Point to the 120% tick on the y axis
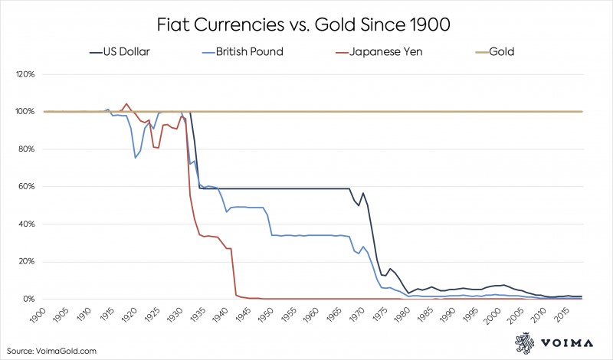(x=26, y=74)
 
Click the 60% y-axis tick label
(x=28, y=186)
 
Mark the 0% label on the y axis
(x=30, y=299)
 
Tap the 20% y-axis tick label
(x=28, y=261)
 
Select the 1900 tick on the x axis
(x=44, y=316)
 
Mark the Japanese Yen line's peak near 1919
(x=126, y=103)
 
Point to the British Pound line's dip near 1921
(x=136, y=157)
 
